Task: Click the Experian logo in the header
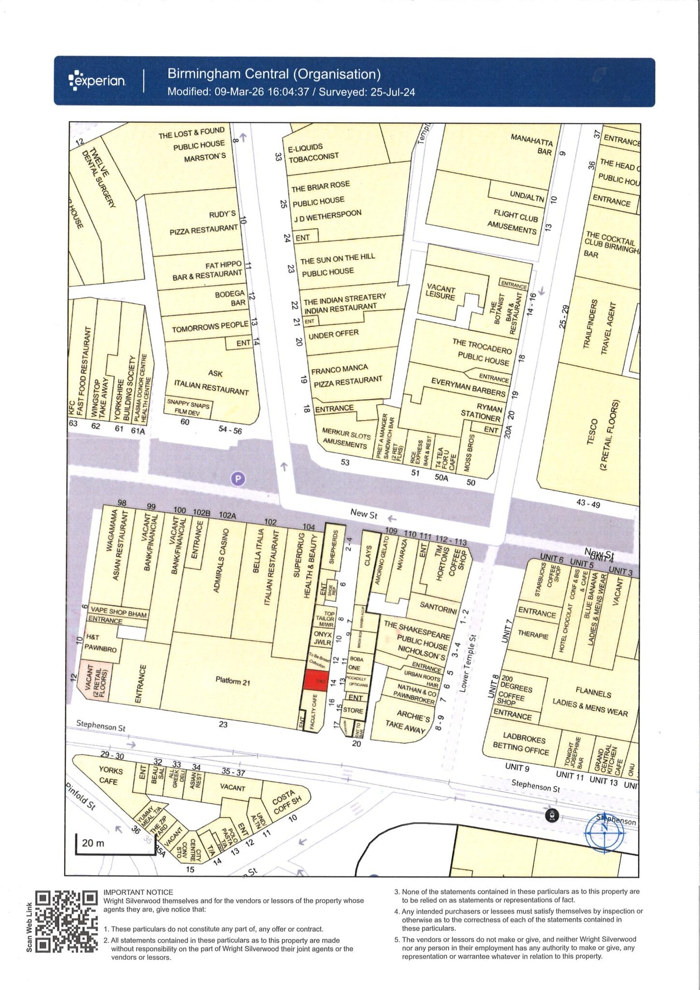coord(98,81)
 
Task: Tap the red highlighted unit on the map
coord(316,681)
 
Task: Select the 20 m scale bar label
coord(93,843)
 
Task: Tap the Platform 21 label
coord(233,682)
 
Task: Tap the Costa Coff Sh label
coord(286,803)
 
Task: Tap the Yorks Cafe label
coord(110,775)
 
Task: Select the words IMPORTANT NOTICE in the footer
coord(138,892)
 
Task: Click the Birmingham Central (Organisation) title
coord(273,74)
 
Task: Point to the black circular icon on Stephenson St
coord(552,815)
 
